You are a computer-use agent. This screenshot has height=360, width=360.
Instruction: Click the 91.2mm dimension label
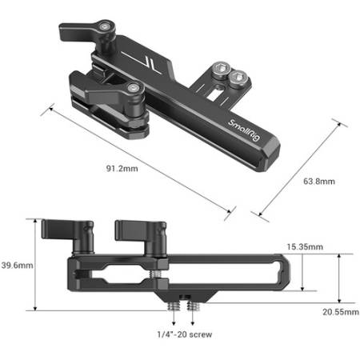coord(122,169)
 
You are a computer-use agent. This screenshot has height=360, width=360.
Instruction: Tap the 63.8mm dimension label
coord(319,182)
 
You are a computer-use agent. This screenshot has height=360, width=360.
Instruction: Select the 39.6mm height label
coord(17,265)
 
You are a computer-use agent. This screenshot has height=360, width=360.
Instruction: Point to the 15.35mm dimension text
coord(305,246)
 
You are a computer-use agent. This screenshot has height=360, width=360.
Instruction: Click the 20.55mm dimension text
coord(341,312)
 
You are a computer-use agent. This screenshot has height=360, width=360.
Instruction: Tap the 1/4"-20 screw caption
coord(185,334)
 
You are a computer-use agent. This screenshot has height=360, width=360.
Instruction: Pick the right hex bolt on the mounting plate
coord(238,78)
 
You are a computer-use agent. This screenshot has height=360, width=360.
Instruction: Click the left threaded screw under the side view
coord(174,307)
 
